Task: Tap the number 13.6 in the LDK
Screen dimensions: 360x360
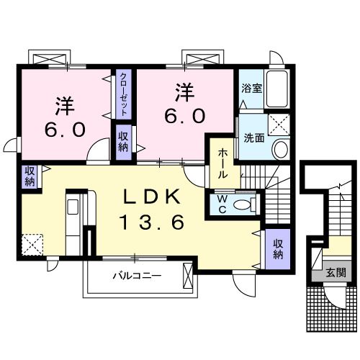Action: pos(151,222)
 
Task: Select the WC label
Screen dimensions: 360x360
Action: pos(221,203)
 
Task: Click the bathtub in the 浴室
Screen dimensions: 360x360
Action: pos(277,89)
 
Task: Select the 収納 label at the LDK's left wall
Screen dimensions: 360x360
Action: pos(30,176)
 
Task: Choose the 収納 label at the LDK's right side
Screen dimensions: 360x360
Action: pos(277,248)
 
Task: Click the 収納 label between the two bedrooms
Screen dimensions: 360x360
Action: pos(124,140)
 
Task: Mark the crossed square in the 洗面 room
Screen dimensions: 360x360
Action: pos(277,125)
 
